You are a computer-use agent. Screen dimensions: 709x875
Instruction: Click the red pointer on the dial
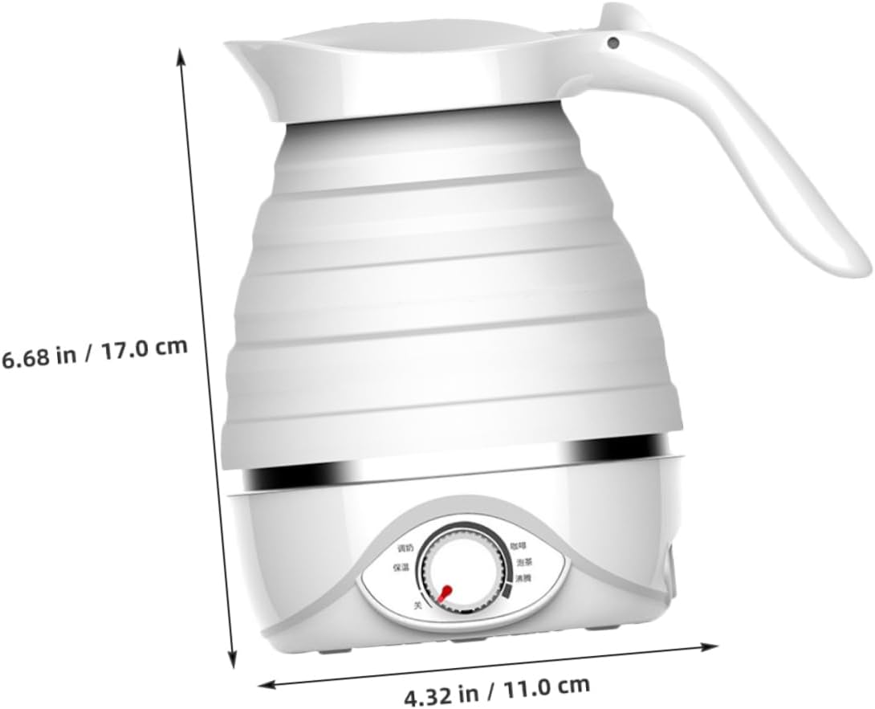pyautogui.click(x=442, y=592)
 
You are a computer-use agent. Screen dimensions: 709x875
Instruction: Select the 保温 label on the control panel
pyautogui.click(x=402, y=567)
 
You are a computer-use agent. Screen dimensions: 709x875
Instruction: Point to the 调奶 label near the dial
pyautogui.click(x=405, y=548)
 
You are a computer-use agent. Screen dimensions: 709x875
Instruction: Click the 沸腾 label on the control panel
pyautogui.click(x=523, y=578)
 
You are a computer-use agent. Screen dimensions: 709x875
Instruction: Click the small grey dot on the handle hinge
pyautogui.click(x=613, y=42)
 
